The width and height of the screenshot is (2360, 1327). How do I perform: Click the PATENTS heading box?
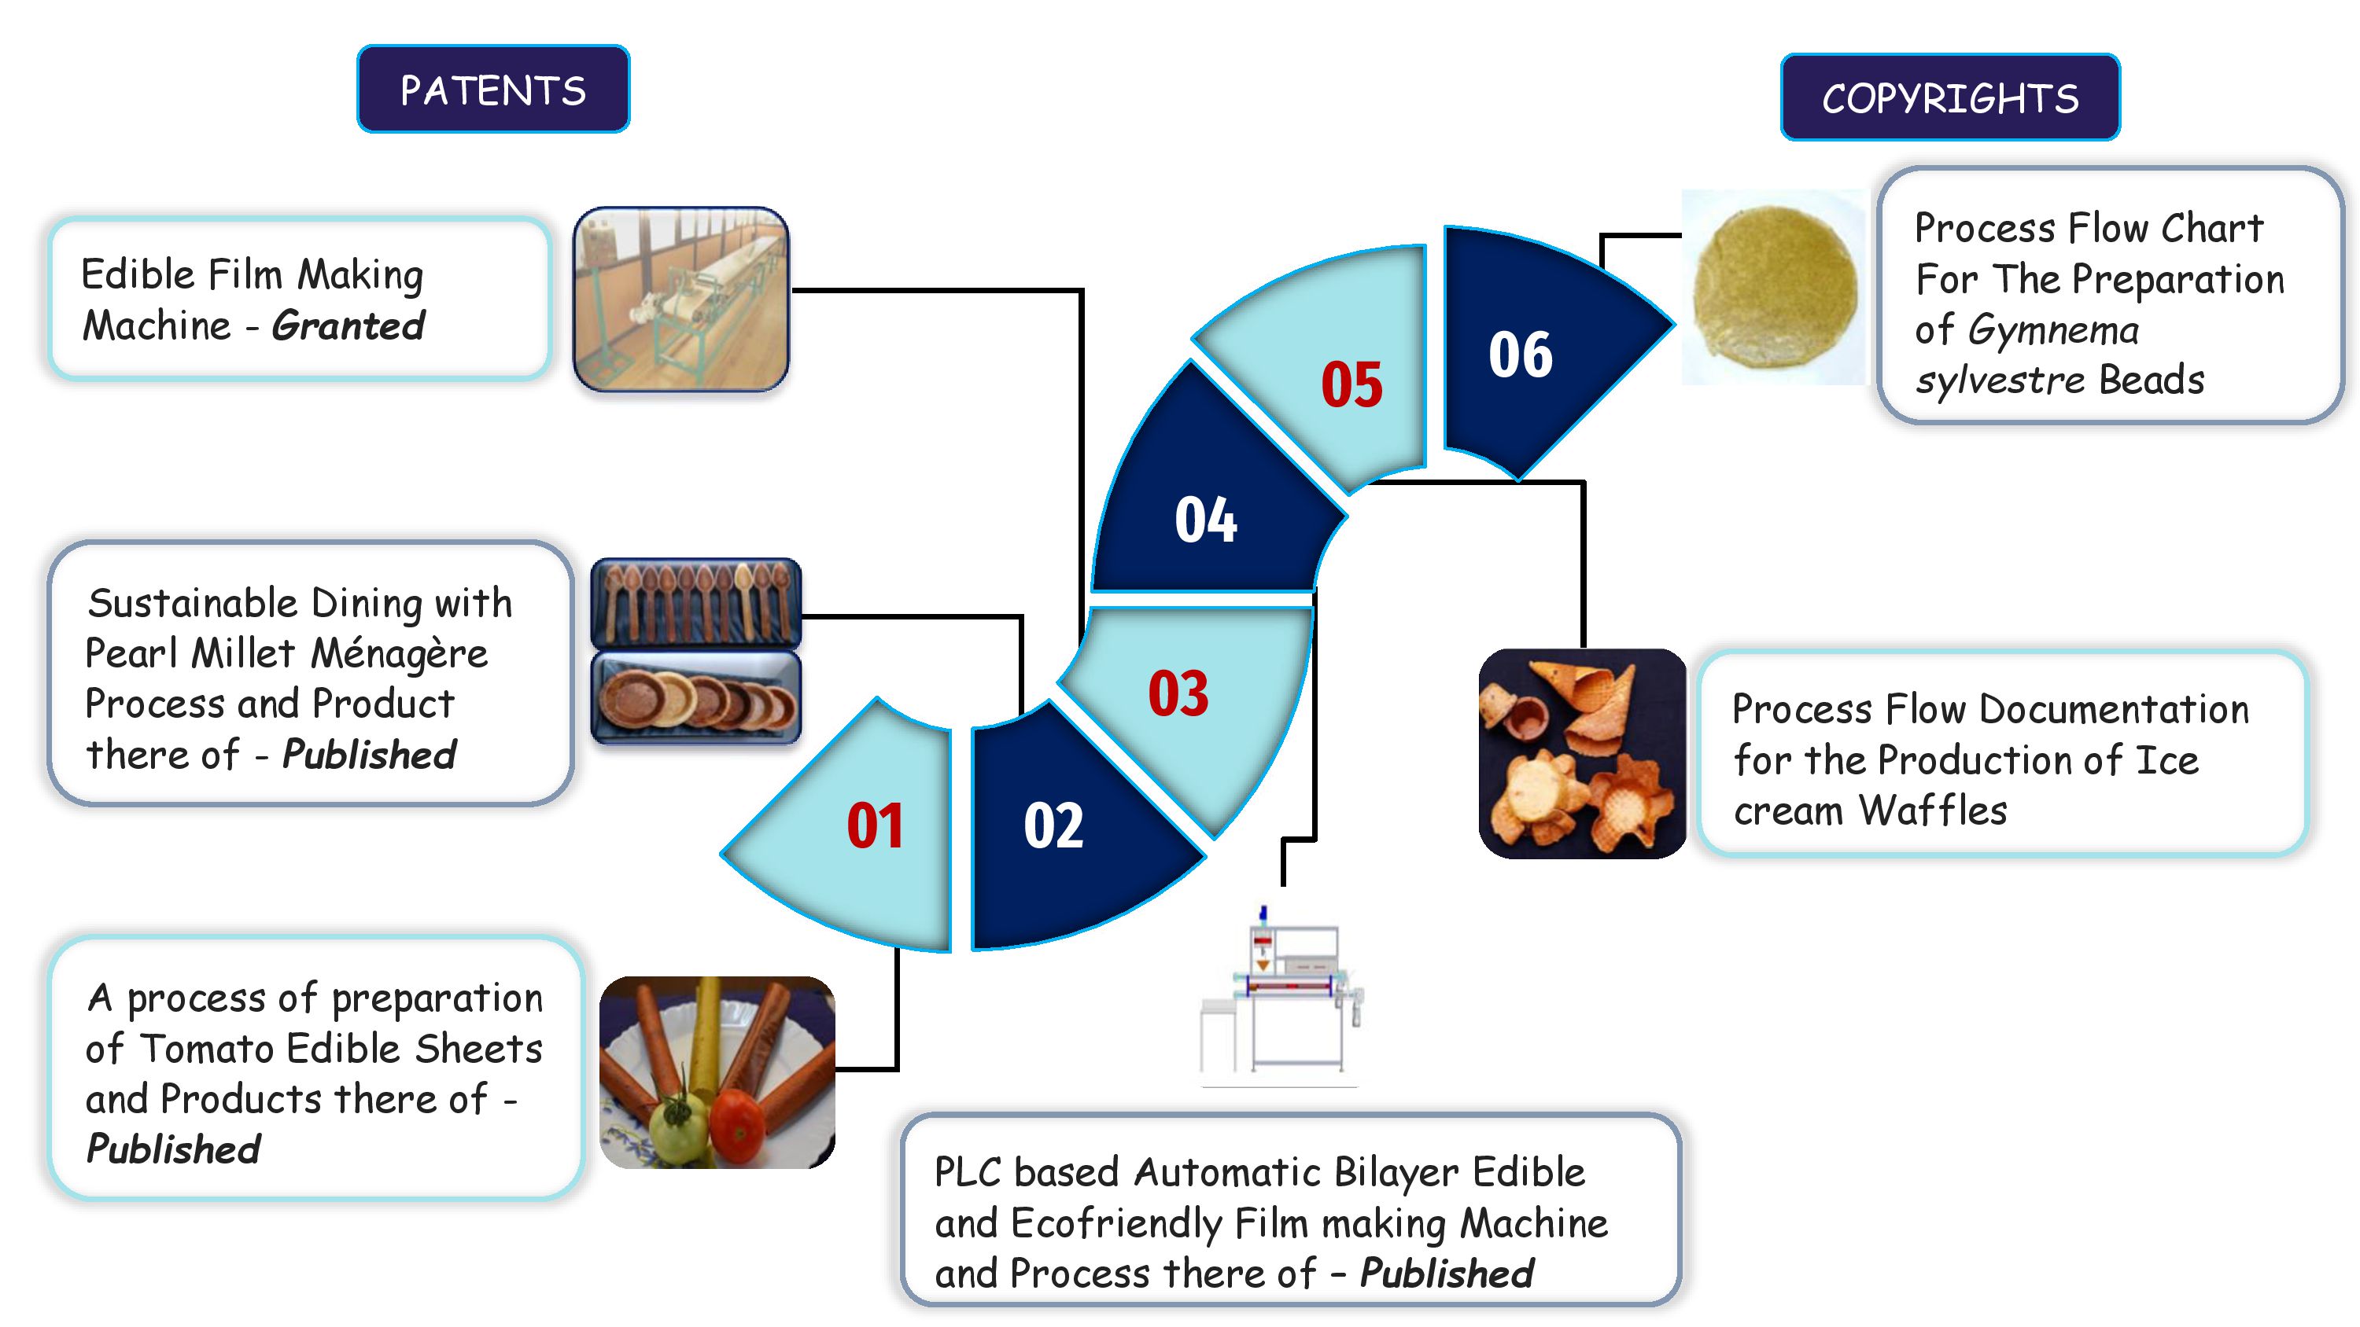[493, 89]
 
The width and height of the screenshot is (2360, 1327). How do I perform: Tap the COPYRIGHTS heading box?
[1949, 97]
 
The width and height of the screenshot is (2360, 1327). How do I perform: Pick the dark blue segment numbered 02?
[1072, 824]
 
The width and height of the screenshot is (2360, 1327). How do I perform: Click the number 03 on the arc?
[1178, 693]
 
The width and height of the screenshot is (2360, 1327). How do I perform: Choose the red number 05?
[1351, 384]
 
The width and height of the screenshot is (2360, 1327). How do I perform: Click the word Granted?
[348, 326]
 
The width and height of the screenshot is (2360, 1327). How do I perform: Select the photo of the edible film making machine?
[680, 299]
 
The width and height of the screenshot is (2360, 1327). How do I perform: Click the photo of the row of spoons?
[695, 604]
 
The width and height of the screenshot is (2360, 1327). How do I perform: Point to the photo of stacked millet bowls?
[695, 698]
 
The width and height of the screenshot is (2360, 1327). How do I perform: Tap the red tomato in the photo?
[738, 1126]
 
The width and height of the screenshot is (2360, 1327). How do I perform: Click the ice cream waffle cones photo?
[1582, 754]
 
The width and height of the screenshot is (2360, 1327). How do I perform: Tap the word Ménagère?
[400, 654]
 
